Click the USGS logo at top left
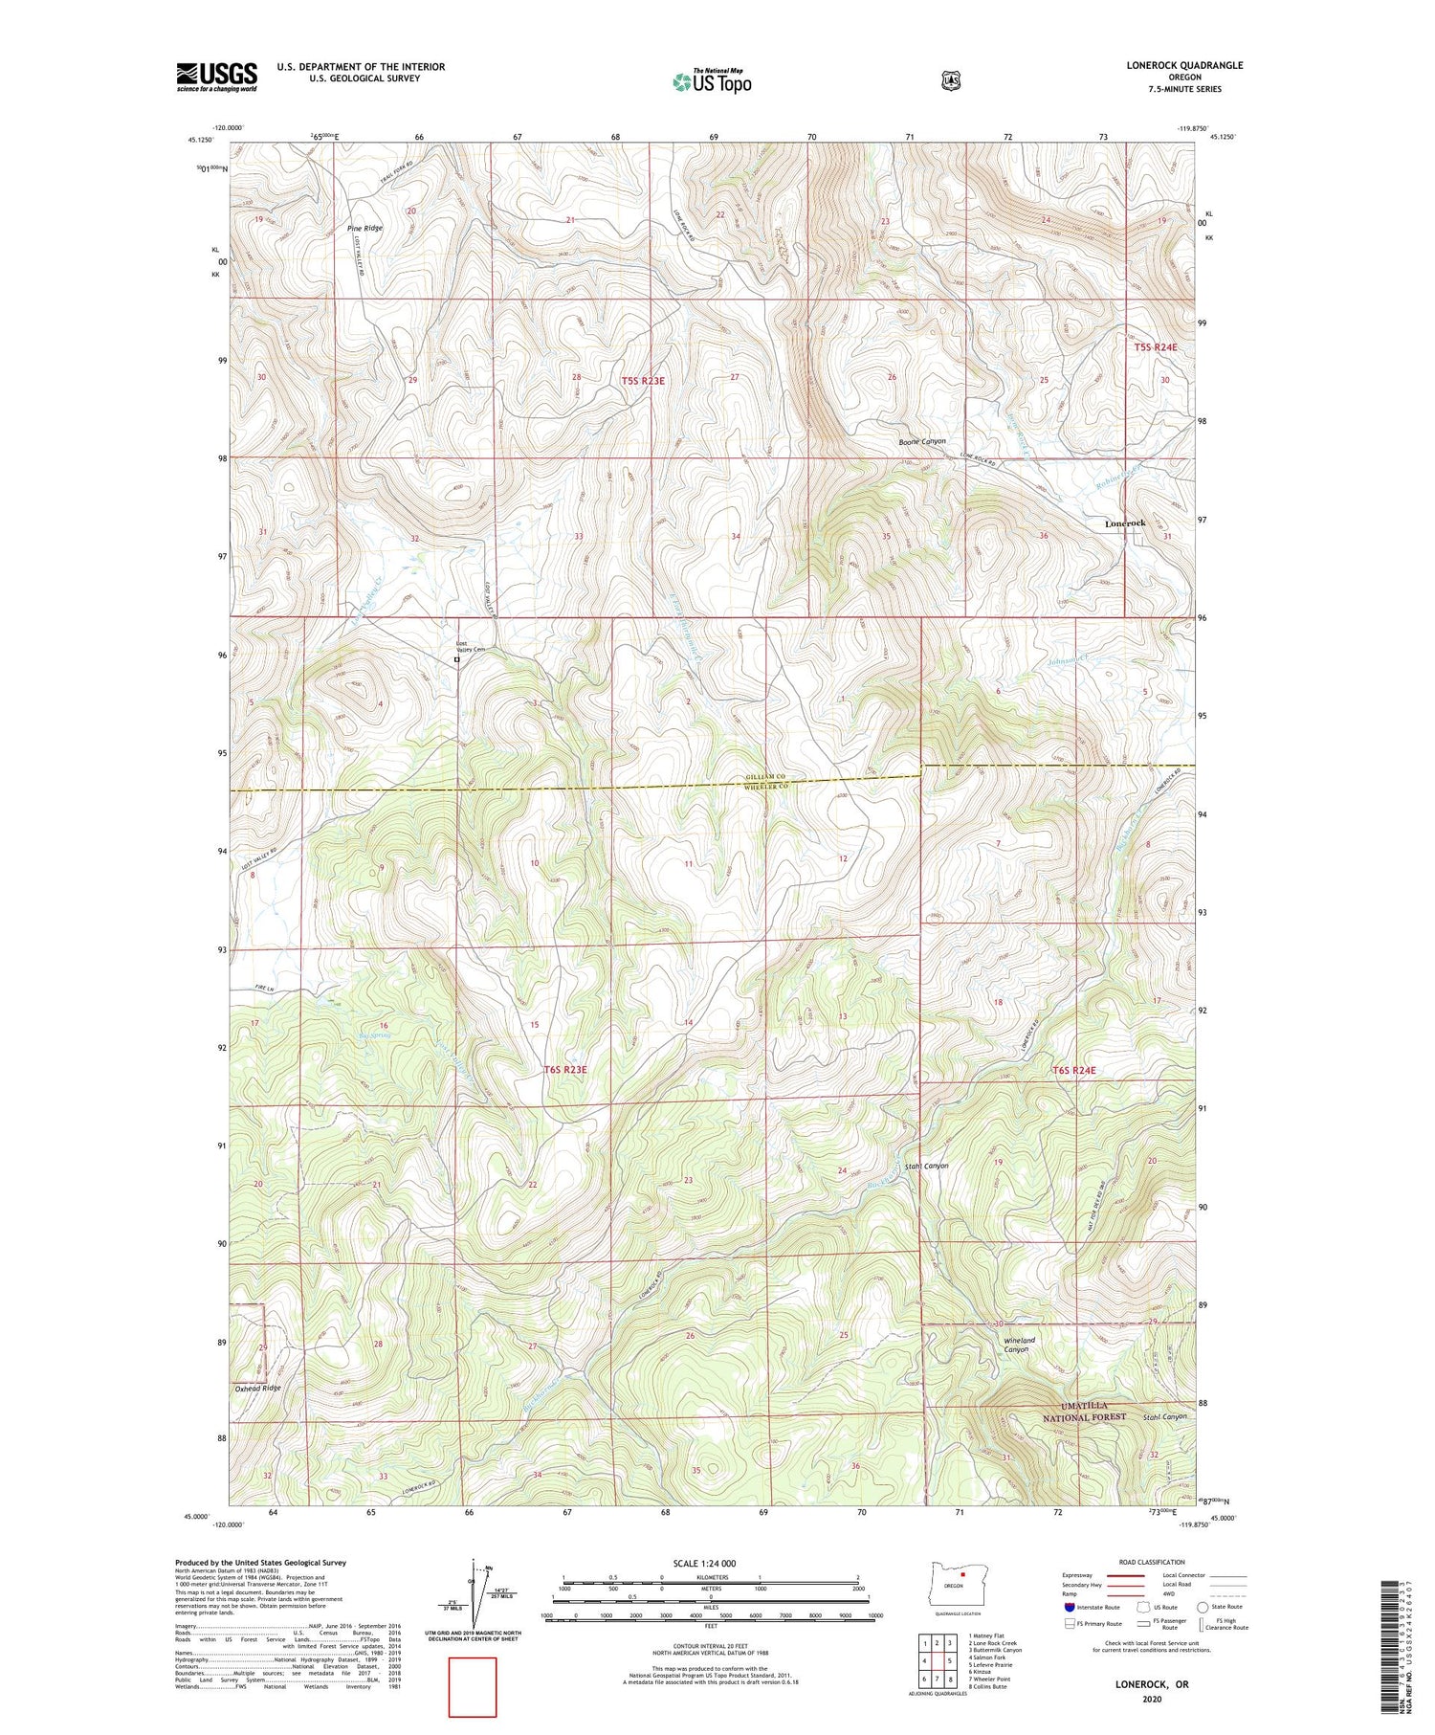(x=216, y=77)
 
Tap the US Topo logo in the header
(x=712, y=82)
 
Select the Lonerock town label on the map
(x=1124, y=523)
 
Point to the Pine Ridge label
(x=364, y=229)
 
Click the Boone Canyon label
(x=921, y=442)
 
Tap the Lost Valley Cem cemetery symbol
(x=457, y=659)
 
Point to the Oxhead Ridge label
(x=258, y=1388)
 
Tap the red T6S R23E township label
(x=564, y=1070)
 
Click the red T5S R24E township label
(x=1156, y=347)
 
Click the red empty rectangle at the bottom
(x=473, y=1687)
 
